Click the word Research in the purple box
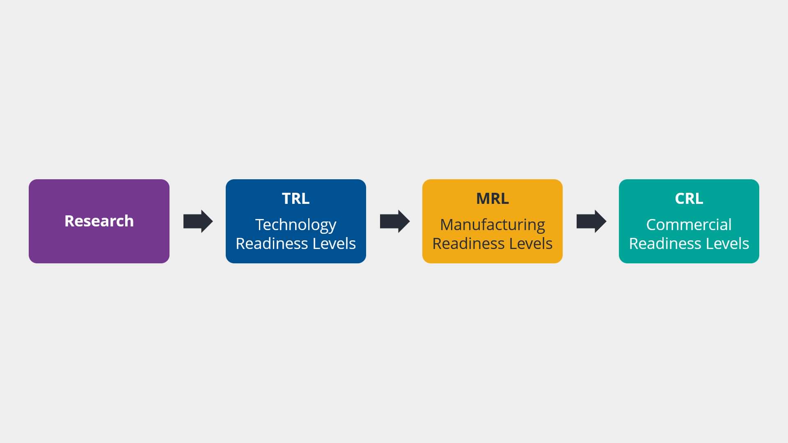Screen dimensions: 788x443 [99, 221]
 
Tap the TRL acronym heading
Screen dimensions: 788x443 [295, 199]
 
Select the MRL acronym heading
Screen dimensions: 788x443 [492, 199]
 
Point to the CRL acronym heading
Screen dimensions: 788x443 [689, 199]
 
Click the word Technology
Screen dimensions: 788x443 [295, 225]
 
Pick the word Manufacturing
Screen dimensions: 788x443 [492, 225]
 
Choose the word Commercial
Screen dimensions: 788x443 [689, 224]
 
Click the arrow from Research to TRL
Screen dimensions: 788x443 [198, 221]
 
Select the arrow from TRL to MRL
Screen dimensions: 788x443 [395, 221]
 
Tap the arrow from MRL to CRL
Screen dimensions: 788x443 [591, 221]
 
